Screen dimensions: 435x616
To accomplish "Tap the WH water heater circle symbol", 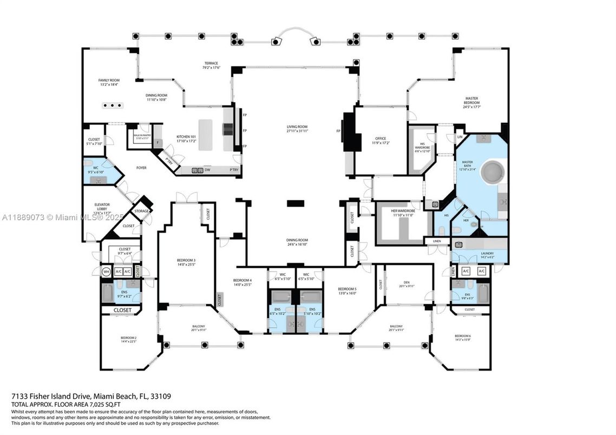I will (107, 271).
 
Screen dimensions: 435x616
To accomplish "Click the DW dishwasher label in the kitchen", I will (207, 170).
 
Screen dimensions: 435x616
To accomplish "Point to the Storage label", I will (141, 211).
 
